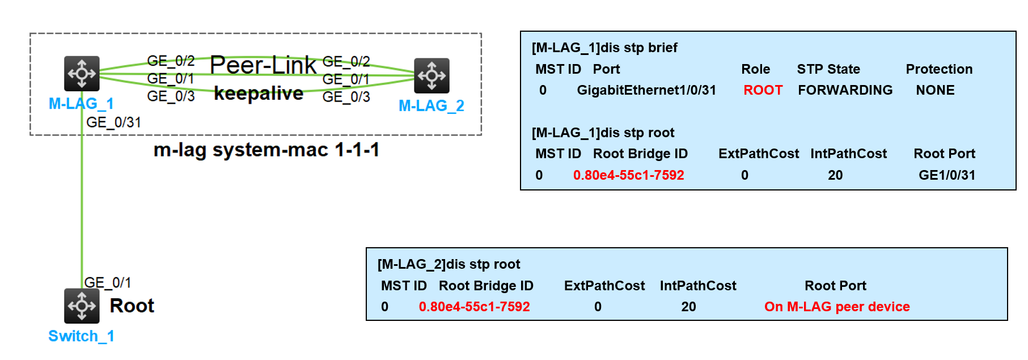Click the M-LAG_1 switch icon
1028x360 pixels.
point(82,73)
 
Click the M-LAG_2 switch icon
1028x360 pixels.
point(431,75)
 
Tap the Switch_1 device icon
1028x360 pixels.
point(82,306)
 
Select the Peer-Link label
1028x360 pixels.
point(263,65)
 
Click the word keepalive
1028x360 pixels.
point(259,93)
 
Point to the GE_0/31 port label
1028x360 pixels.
point(113,122)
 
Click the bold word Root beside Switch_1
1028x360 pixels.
point(132,306)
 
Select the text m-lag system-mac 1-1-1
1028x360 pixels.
point(266,150)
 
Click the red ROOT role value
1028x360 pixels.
point(763,90)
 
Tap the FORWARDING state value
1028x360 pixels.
point(845,90)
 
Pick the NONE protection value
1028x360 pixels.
point(935,90)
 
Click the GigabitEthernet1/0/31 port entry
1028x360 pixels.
point(646,90)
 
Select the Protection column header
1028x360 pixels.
point(939,69)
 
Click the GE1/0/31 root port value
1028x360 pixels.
point(947,175)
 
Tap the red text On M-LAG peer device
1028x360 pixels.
point(837,307)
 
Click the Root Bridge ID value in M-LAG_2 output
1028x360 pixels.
point(474,307)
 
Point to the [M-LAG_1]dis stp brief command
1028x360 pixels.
point(604,48)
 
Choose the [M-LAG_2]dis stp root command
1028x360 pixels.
point(449,264)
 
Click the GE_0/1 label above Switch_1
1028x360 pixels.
point(108,282)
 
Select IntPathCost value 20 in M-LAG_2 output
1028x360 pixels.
point(688,307)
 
